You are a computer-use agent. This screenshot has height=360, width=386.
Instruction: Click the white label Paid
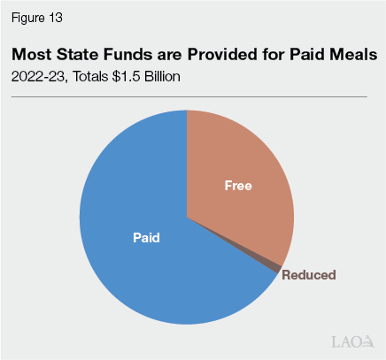point(146,237)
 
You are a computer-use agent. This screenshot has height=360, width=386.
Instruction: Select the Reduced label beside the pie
point(309,275)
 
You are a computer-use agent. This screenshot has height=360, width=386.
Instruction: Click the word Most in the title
point(32,55)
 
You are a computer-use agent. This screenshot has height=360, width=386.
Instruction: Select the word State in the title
point(80,55)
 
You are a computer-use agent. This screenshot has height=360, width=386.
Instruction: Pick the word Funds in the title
point(132,55)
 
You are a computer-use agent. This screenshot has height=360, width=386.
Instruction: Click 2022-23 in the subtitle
point(37,77)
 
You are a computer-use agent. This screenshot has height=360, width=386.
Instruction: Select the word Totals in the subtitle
point(91,77)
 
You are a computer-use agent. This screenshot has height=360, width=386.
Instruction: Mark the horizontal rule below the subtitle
point(189,96)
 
